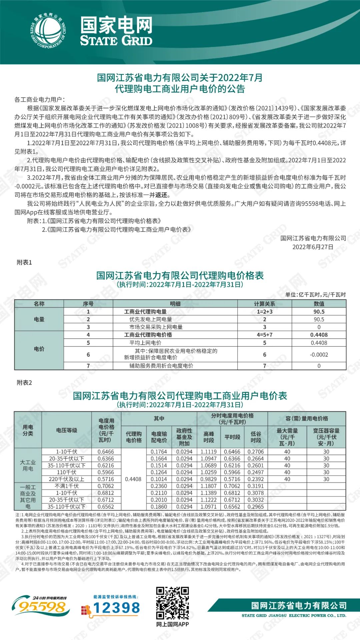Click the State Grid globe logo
48,31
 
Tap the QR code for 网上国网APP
172,603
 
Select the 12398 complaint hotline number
116,608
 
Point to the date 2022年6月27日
313,247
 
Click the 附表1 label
24,262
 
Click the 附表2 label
24,383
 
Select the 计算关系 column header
264,304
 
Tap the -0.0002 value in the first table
319,355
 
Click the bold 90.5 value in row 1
319,312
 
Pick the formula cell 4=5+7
264,335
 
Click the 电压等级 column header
67,430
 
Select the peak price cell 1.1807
208,486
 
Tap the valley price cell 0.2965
256,507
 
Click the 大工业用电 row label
28,465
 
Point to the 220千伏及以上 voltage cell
67,479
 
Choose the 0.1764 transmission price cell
159,452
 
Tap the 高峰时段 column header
208,437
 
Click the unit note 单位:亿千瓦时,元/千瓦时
315,295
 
